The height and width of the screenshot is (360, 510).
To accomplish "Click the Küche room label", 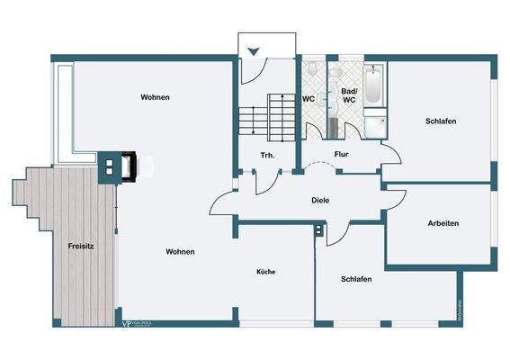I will click(x=265, y=271).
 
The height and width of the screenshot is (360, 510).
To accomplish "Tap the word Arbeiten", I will click(x=444, y=222).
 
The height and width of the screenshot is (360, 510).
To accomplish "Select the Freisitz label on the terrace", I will click(x=82, y=245).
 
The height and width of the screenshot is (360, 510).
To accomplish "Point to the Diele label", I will click(x=320, y=200).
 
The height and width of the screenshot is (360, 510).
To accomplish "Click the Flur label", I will click(x=342, y=154).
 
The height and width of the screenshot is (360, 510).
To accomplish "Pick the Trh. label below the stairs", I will click(x=267, y=155).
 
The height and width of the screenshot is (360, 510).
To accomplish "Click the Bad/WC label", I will click(x=348, y=95).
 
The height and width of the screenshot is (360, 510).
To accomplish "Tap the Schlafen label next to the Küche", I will click(x=357, y=279).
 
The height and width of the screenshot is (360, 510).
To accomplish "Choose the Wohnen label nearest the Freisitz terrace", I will click(x=181, y=252).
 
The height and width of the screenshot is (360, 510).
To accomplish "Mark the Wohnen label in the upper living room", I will click(x=156, y=97).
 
